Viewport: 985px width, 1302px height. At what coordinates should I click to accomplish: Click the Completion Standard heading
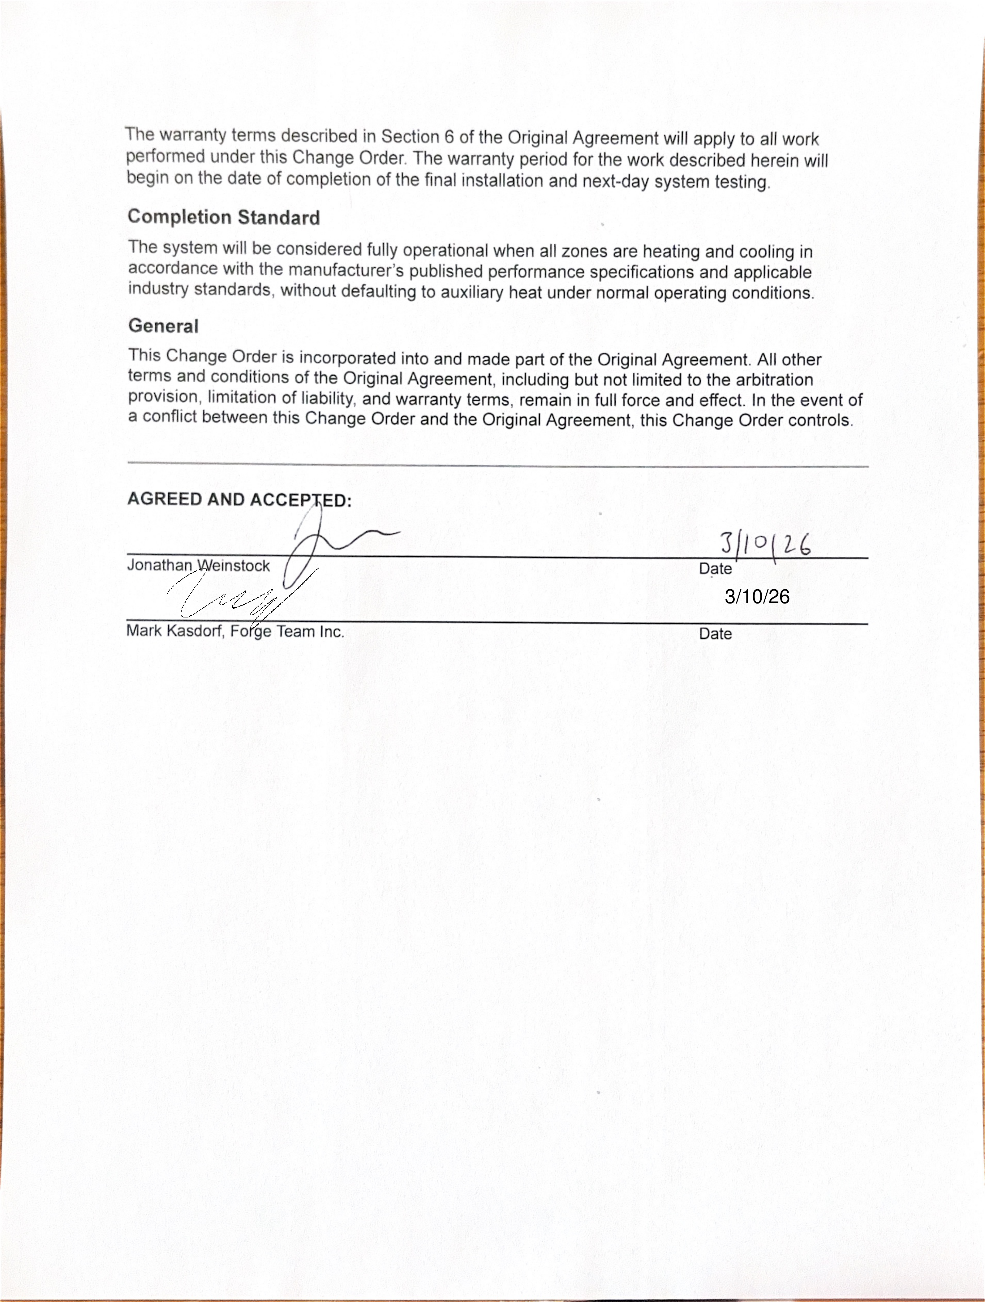point(224,217)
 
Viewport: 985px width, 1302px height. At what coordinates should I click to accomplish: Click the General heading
point(163,325)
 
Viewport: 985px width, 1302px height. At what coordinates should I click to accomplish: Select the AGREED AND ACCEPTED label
point(239,500)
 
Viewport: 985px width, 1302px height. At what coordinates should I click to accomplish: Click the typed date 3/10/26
point(757,597)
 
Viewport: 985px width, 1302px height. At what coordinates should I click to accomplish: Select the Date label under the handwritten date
point(715,569)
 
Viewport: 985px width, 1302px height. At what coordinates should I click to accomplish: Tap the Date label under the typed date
point(715,634)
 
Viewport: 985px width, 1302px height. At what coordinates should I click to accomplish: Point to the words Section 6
point(417,136)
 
